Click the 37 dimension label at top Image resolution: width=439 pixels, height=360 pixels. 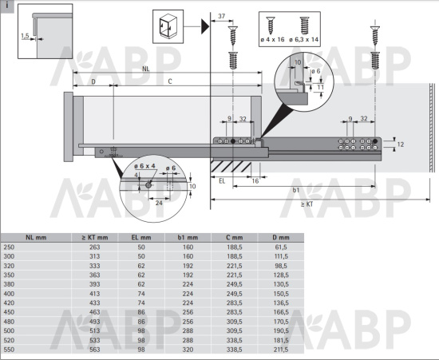pyautogui.click(x=221, y=16)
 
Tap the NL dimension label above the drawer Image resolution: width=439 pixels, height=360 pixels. pyautogui.click(x=145, y=69)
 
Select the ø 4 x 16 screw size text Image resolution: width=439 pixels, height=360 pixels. pyautogui.click(x=272, y=39)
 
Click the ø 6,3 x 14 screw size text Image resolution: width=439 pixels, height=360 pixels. pyautogui.click(x=304, y=39)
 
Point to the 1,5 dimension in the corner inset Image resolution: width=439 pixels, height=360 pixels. pyautogui.click(x=25, y=36)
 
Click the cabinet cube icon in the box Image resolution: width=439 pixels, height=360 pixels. pyautogui.click(x=168, y=26)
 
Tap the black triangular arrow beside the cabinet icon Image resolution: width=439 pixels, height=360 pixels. pyautogui.click(x=205, y=26)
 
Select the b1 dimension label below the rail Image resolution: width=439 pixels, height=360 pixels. pyautogui.click(x=296, y=190)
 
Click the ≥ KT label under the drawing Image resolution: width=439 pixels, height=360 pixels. pyautogui.click(x=307, y=204)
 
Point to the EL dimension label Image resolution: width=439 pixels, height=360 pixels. pyautogui.click(x=222, y=181)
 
